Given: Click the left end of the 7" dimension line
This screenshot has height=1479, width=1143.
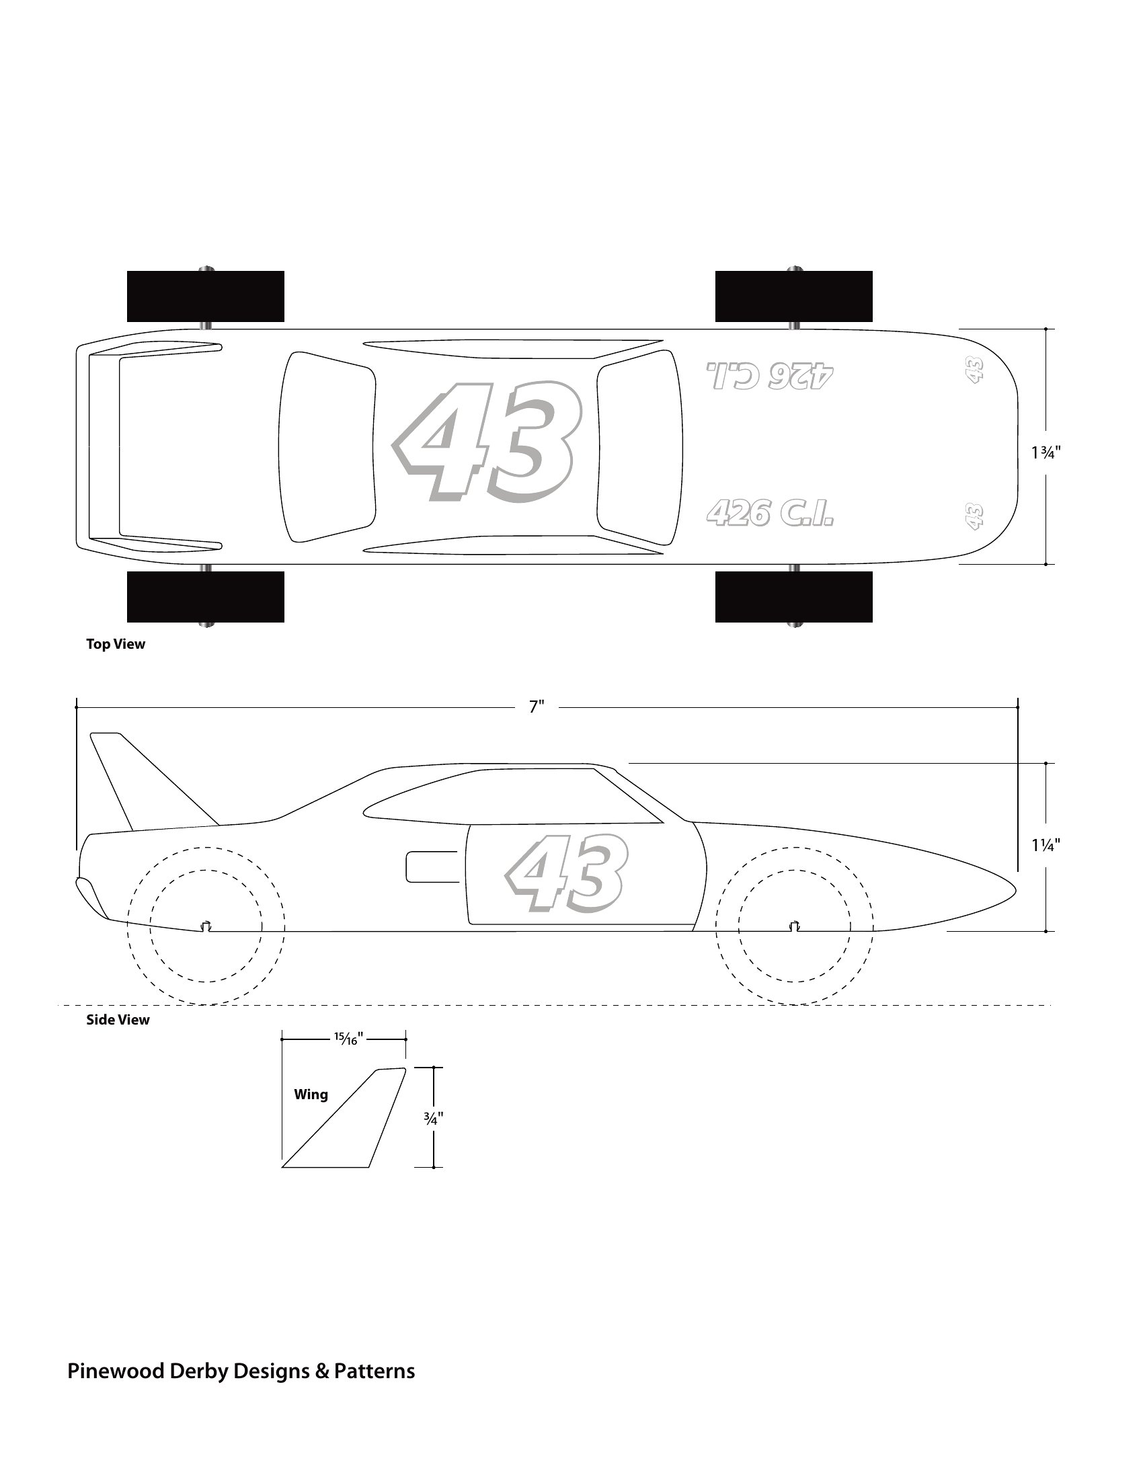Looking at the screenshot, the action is point(77,708).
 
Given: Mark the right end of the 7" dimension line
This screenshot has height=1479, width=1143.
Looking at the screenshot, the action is point(1018,708).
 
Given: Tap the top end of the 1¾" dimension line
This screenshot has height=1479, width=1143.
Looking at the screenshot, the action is point(1046,330).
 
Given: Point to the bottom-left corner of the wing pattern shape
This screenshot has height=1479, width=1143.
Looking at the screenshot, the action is point(282,1167).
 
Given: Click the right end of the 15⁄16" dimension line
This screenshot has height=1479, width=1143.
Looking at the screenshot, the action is point(405,1039).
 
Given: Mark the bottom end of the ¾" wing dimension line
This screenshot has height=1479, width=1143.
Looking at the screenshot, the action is point(434,1167).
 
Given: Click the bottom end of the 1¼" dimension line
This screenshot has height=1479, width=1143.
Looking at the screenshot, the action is point(1046,931).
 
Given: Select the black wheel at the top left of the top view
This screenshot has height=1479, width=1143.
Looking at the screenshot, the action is point(205,296).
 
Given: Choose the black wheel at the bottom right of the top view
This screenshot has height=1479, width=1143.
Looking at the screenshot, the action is point(793,596).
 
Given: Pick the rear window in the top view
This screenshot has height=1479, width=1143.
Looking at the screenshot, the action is point(327,447).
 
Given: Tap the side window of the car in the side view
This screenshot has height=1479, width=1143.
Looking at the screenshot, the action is point(513,797).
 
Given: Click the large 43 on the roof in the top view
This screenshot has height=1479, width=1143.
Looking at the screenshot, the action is point(487,443).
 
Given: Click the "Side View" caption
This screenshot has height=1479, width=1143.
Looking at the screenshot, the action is point(118,1020).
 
